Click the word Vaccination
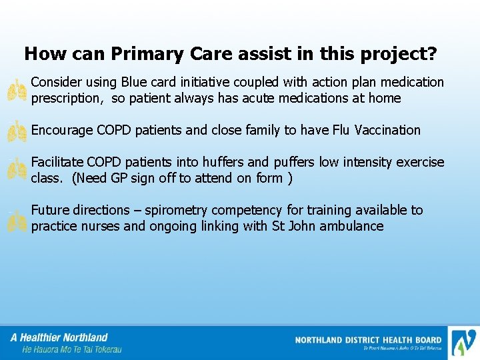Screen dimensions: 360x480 coord(387,130)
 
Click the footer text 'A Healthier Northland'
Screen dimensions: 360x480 coord(59,337)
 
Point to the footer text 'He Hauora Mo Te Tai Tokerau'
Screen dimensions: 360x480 coord(72,349)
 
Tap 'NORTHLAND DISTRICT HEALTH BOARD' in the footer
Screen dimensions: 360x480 coord(368,340)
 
